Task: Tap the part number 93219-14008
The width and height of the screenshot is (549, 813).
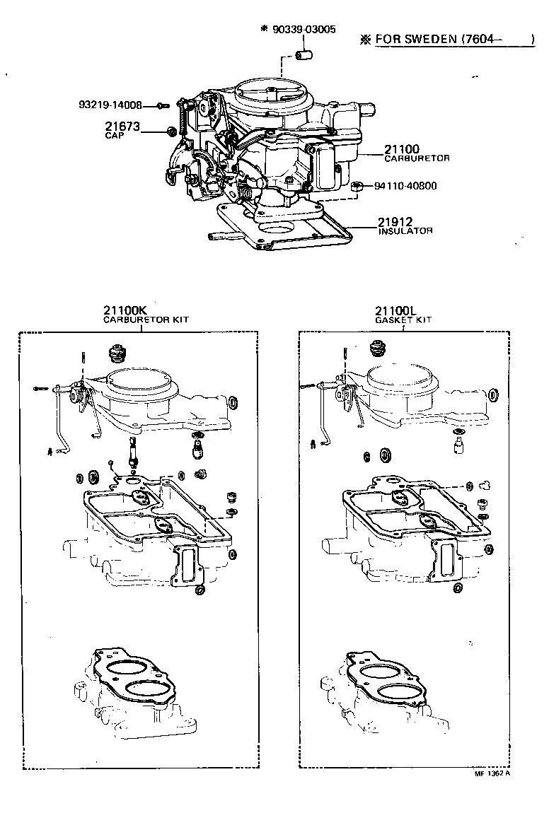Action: click(110, 105)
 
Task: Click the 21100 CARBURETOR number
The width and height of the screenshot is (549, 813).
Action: click(402, 149)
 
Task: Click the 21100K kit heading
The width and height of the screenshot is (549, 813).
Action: click(126, 310)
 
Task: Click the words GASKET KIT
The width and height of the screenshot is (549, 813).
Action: click(403, 320)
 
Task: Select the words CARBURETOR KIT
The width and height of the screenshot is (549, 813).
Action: click(146, 320)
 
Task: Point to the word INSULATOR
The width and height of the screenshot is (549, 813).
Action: click(405, 231)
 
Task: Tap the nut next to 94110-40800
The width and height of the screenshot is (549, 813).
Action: click(357, 187)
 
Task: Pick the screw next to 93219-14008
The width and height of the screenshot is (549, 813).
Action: click(162, 105)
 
